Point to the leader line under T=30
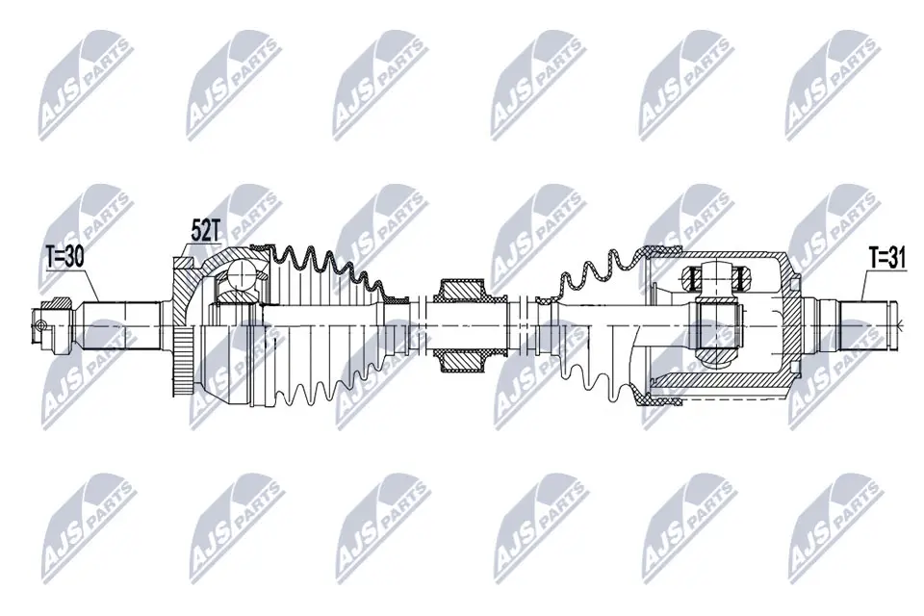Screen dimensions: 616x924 point(93,282)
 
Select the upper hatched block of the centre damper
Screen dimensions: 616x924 point(461,291)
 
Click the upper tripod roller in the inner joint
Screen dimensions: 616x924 point(713,279)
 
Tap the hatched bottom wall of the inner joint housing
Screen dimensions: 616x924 point(722,395)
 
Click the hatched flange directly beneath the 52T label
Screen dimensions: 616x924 point(188,274)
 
